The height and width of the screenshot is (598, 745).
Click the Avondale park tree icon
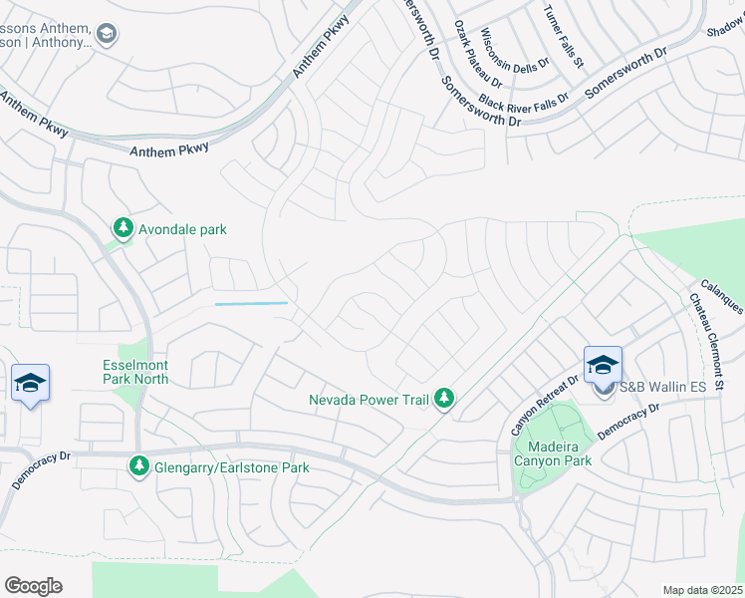coord(123,229)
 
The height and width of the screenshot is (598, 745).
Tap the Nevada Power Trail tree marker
coord(444,400)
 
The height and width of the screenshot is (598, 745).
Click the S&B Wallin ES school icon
coord(603,367)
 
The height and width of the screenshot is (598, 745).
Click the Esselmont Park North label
coord(135,372)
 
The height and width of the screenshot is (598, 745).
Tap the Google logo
coord(33,586)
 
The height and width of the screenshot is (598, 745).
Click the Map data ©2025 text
coord(701,590)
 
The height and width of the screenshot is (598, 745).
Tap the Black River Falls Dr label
coord(523,100)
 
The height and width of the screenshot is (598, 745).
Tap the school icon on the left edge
coord(30,384)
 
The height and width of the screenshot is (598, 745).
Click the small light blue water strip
coord(251,303)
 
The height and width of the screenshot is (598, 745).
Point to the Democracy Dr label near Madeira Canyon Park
coord(628,423)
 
